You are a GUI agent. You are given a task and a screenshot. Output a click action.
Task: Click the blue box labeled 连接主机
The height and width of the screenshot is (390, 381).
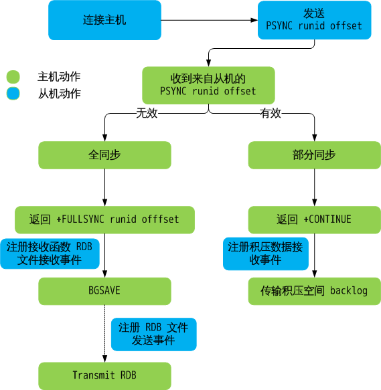point(104,20)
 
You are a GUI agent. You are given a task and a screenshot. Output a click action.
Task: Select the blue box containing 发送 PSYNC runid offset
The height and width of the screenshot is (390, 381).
point(314,20)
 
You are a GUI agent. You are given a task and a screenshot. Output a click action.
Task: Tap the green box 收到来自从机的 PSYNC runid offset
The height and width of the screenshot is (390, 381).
point(208,86)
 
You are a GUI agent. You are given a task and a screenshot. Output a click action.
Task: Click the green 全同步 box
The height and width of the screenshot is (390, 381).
point(104,155)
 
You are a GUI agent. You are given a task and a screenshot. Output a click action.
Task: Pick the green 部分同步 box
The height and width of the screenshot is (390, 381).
point(314,155)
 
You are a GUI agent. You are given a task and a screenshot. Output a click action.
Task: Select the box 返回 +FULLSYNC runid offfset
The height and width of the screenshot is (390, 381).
point(104,219)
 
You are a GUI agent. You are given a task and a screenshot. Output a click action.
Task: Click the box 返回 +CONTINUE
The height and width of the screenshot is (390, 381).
point(314,219)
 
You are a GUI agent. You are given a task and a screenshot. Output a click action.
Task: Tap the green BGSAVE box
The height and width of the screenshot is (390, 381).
point(104,291)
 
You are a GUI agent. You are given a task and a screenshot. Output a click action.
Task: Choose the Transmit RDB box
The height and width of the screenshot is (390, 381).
point(104,375)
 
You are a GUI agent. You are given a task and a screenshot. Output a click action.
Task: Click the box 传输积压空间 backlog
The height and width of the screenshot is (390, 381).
point(314,291)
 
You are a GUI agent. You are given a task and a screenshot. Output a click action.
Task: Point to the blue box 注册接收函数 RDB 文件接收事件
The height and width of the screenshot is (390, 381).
point(50,254)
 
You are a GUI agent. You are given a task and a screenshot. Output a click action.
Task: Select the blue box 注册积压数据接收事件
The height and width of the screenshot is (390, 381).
point(266,254)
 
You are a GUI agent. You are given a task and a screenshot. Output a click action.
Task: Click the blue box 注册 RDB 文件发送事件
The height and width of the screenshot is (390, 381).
point(153,334)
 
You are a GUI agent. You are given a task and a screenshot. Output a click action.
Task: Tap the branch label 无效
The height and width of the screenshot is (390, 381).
point(147,114)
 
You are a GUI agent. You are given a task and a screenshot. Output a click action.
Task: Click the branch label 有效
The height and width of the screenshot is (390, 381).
point(271,114)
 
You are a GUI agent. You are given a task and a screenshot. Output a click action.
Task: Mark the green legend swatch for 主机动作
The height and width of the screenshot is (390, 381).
point(13,77)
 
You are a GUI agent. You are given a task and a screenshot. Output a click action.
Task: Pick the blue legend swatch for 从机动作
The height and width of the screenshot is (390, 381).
point(13,94)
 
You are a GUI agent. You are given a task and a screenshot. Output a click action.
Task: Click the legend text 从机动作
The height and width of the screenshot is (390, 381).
point(60,94)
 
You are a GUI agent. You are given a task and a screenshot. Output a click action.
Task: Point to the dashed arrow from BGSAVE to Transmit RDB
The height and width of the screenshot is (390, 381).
point(104,334)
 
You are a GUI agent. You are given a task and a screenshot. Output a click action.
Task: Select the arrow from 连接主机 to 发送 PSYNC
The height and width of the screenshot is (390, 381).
point(210,20)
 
